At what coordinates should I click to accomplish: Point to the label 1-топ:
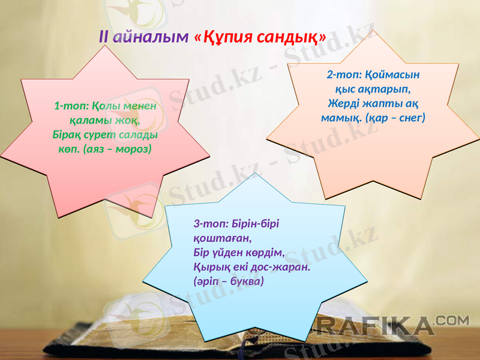point(71,106)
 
